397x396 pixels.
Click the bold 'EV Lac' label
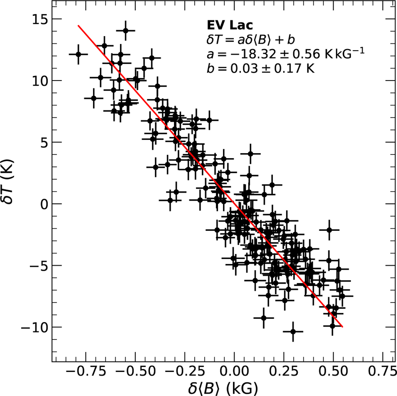tap(225, 25)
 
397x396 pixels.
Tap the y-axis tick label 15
tap(39, 19)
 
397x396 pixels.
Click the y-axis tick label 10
tap(39, 81)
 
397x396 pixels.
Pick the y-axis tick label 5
tap(43, 142)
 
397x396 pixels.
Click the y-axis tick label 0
tap(43, 204)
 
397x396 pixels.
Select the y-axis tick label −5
tap(37, 266)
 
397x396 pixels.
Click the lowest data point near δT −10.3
tap(293, 331)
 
